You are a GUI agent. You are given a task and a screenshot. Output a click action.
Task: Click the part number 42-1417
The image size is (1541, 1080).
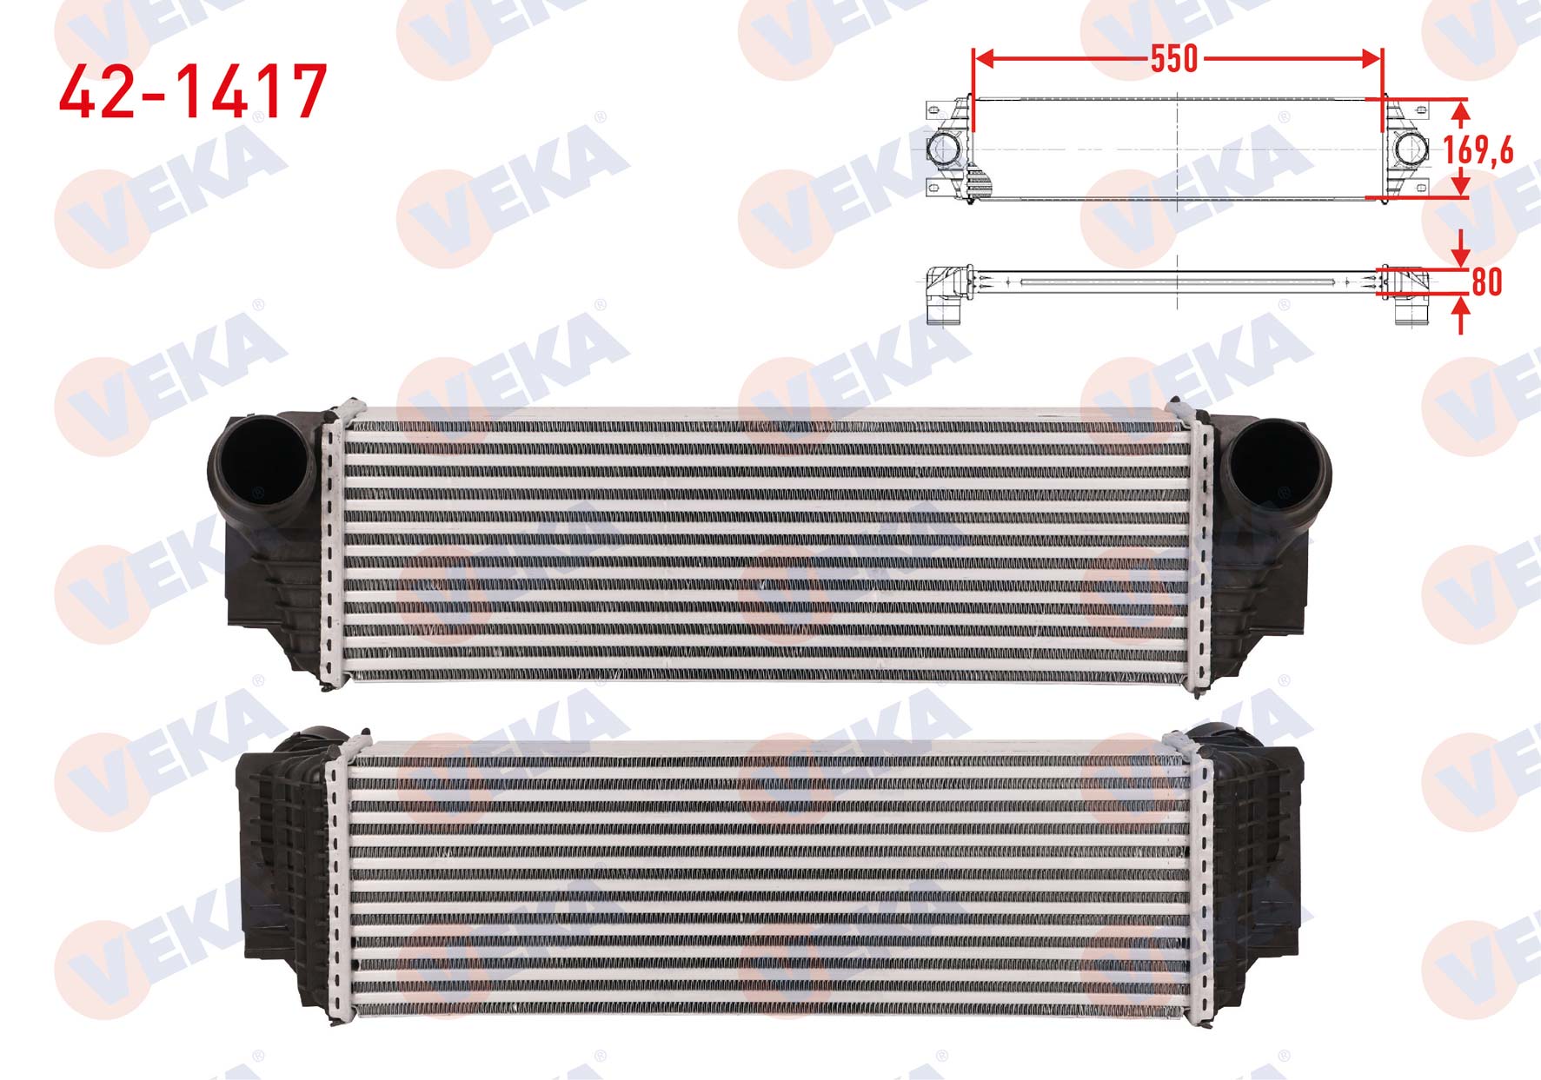tap(193, 91)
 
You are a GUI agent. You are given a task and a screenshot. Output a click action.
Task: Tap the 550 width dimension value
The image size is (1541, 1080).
tap(1174, 59)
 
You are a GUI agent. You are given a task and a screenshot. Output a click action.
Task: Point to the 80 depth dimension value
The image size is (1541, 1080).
tap(1487, 282)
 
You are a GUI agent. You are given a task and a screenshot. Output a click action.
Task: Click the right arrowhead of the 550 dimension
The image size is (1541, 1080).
tap(1371, 59)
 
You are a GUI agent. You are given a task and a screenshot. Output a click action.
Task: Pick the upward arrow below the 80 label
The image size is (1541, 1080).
tap(1461, 315)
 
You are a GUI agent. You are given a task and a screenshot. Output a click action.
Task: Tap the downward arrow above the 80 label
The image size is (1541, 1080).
tap(1461, 248)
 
